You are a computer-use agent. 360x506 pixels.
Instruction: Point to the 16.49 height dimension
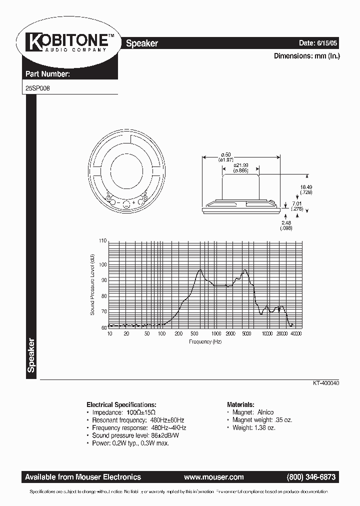[x=306, y=189]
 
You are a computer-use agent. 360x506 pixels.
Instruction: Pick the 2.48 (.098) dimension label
[x=286, y=225]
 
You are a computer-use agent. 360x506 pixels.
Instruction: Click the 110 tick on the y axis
[x=103, y=241]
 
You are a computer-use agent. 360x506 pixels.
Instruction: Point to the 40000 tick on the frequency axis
[x=295, y=333]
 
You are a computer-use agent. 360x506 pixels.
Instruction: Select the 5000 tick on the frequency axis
[x=245, y=333]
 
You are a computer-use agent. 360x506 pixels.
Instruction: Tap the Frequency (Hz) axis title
[x=205, y=341]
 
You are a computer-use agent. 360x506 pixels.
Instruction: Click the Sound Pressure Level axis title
[x=92, y=284]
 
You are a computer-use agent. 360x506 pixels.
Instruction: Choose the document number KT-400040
[x=326, y=383]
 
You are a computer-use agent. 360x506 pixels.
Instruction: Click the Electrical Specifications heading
[x=121, y=404]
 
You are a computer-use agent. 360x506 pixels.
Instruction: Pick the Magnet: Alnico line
[x=252, y=412]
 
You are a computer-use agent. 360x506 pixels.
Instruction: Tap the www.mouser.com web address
[x=213, y=477]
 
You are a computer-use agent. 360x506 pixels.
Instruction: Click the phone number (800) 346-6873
[x=311, y=477]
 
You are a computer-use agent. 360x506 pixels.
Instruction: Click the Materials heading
[x=241, y=404]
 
